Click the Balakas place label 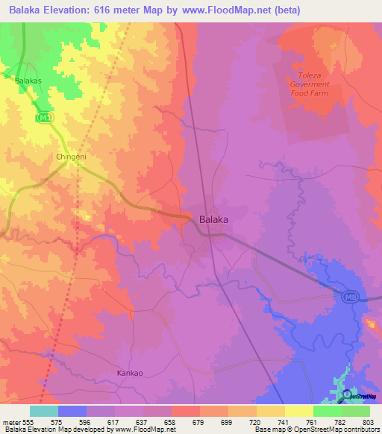click(28, 79)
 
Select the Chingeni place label click(72, 157)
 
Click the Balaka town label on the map click(213, 220)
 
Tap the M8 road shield click(350, 298)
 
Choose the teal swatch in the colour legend click(44, 412)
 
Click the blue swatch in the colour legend click(72, 412)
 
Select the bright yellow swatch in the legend click(299, 412)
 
